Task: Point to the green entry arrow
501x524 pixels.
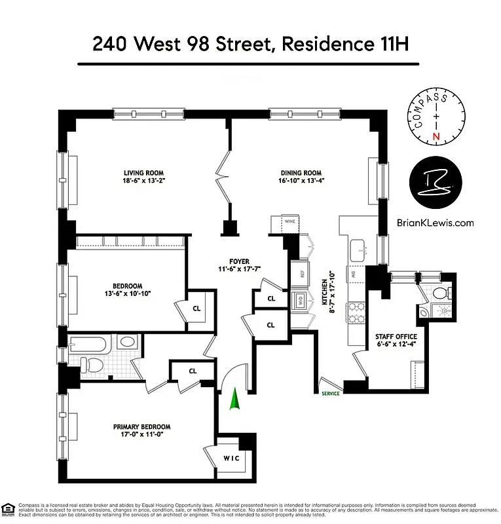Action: pyautogui.click(x=234, y=399)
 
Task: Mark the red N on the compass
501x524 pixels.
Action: pyautogui.click(x=435, y=136)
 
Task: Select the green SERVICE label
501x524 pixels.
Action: pyautogui.click(x=330, y=394)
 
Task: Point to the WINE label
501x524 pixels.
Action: pyautogui.click(x=290, y=222)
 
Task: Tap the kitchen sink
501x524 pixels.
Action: pyautogui.click(x=358, y=249)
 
